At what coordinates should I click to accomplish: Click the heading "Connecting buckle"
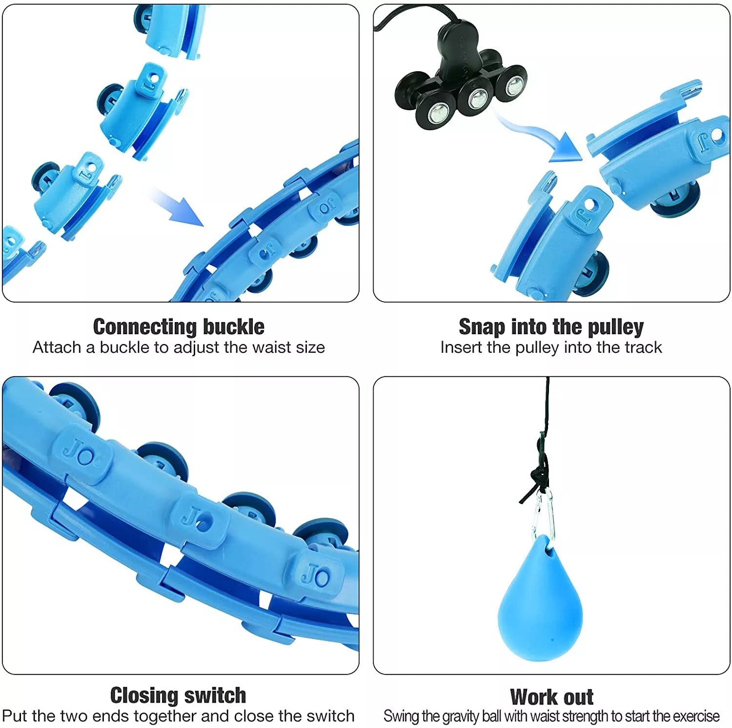pyautogui.click(x=179, y=326)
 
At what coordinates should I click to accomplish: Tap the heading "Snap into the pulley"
pyautogui.click(x=551, y=327)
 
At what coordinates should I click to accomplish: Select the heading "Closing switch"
pyautogui.click(x=178, y=695)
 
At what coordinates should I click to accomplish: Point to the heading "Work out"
pyautogui.click(x=551, y=697)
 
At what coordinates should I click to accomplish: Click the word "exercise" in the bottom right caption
pyautogui.click(x=696, y=716)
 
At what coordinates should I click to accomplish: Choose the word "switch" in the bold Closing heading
pyautogui.click(x=216, y=695)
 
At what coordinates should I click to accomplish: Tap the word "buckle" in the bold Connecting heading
pyautogui.click(x=234, y=326)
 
